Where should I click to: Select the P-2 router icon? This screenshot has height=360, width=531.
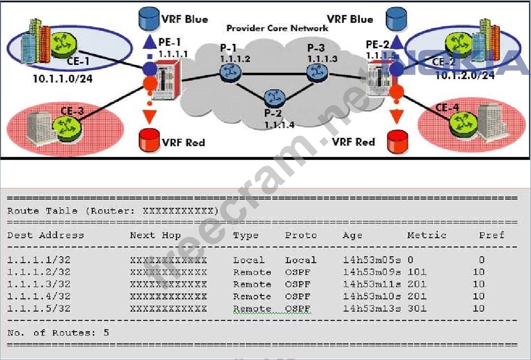pos(274,98)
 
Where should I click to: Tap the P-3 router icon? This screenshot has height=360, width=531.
pos(317,72)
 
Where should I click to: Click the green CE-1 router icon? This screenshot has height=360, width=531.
pos(64,44)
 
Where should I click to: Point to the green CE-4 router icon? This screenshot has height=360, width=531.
pos(463,123)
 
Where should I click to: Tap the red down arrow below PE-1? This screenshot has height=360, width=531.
pos(150,116)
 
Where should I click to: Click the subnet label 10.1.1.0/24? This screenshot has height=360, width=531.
pos(62,79)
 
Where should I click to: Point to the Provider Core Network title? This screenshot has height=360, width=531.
pos(277,28)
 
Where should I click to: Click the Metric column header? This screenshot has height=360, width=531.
pos(427,235)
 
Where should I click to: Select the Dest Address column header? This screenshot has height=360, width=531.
pos(45,235)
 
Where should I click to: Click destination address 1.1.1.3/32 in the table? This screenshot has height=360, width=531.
pos(39,284)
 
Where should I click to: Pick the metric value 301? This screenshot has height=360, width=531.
pos(417,308)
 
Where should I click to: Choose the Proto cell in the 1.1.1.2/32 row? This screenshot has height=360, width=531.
pos(298,272)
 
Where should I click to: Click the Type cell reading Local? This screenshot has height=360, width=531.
pos(249,260)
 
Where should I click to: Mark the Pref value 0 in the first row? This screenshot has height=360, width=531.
pos(482,260)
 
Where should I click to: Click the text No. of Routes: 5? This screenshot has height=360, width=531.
pos(58,333)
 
